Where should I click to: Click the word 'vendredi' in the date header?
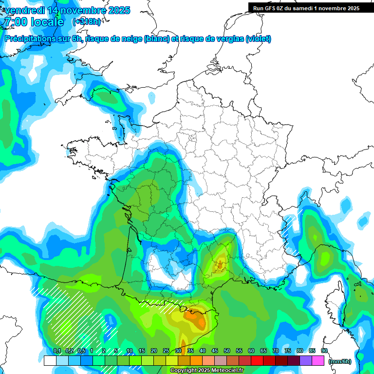pyautogui.click(x=23, y=10)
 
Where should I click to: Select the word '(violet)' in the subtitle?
pyautogui.click(x=259, y=39)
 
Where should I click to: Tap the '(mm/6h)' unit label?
pyautogui.click(x=340, y=361)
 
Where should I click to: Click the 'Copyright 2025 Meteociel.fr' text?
pyautogui.click(x=206, y=371)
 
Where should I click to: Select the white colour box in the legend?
pyautogui.click(x=50, y=361)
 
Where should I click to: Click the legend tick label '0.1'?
pyautogui.click(x=56, y=351)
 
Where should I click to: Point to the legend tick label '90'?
pyautogui.click(x=324, y=351)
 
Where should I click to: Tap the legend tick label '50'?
pyautogui.click(x=227, y=351)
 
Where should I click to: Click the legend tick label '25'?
pyautogui.click(x=166, y=351)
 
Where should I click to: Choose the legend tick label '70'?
pyautogui.click(x=276, y=351)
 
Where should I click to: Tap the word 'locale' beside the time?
pyautogui.click(x=47, y=22)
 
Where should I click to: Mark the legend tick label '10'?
pyautogui.click(x=129, y=351)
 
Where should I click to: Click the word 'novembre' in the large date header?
pyautogui.click(x=80, y=10)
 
